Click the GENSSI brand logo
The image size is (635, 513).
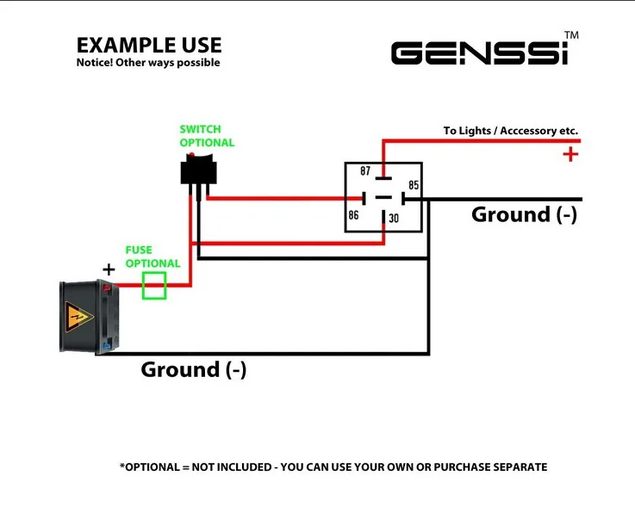[480, 53]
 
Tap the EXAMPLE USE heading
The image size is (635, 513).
[149, 46]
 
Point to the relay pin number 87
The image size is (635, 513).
[365, 171]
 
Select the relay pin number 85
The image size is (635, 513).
[414, 185]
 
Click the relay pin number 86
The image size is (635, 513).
[353, 215]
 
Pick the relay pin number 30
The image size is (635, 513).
[394, 219]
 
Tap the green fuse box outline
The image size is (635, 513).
[154, 285]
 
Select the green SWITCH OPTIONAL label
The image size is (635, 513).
[207, 136]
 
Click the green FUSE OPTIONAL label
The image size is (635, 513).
[153, 256]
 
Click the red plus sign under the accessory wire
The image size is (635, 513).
[570, 155]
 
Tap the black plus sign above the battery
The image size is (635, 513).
[109, 269]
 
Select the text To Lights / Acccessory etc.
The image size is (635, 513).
[511, 131]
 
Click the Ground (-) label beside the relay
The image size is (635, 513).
[524, 214]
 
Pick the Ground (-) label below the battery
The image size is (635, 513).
[194, 369]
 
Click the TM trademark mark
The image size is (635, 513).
[571, 35]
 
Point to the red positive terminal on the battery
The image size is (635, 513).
[107, 288]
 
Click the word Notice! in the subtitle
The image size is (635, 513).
[95, 63]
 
